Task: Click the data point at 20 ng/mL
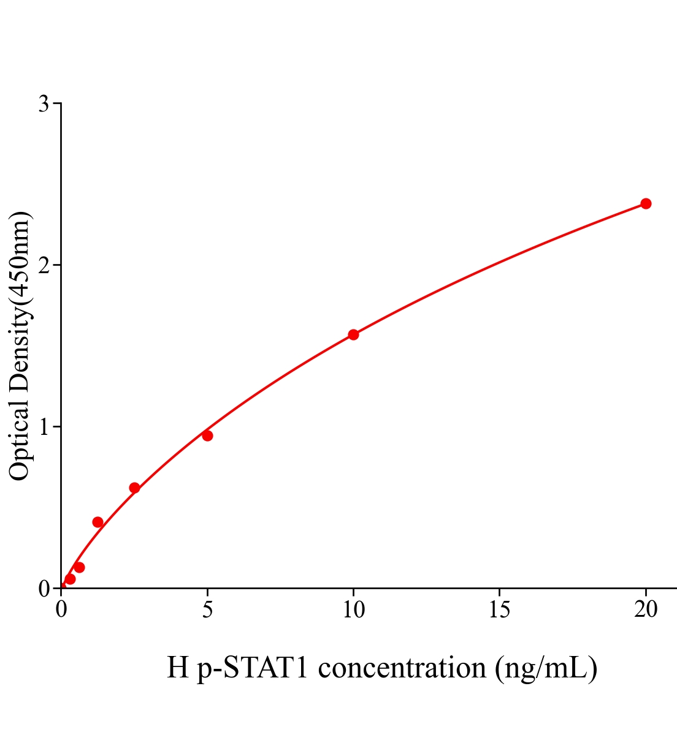[646, 203]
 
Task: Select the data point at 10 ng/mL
[353, 334]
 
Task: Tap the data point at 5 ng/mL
[207, 435]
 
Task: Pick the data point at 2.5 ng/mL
[134, 488]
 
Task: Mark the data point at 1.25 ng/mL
[98, 522]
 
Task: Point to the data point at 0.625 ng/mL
[79, 567]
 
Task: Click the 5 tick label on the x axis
[207, 609]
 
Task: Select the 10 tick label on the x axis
[353, 609]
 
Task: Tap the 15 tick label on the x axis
[500, 609]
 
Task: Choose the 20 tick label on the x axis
[646, 609]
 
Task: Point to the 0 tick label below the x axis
[61, 609]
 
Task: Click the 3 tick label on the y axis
[44, 104]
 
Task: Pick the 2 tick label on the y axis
[44, 265]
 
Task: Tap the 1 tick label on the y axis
[44, 427]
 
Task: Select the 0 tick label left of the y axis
[44, 589]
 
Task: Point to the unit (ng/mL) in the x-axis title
[546, 668]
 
